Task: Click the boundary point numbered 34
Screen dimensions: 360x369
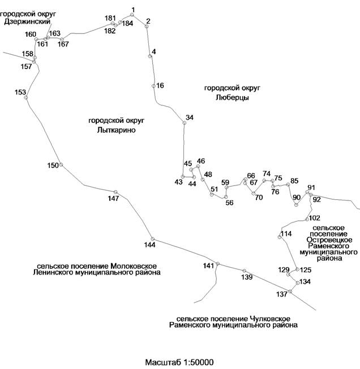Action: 185,123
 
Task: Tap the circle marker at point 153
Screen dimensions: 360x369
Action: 26,97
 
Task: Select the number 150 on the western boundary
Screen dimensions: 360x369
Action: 53,165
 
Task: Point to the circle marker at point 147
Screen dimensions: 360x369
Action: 115,192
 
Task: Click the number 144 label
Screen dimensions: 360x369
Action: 149,245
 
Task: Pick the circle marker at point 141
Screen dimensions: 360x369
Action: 218,264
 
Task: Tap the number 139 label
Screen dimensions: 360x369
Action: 247,277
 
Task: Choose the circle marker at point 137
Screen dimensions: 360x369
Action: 290,291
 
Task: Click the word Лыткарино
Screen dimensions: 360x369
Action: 116,130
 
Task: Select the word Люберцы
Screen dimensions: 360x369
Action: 232,97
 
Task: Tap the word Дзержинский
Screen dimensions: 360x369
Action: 27,22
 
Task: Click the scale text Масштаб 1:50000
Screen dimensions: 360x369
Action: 179,362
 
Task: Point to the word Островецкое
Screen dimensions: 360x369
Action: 329,240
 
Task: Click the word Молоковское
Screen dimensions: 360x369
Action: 134,266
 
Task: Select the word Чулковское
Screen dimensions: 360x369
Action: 270,319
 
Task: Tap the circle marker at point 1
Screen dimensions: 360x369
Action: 132,15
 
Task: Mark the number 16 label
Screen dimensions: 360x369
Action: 160,85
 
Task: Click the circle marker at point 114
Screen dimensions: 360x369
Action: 280,237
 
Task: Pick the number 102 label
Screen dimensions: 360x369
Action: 315,218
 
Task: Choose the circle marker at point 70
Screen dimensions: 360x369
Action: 254,194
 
